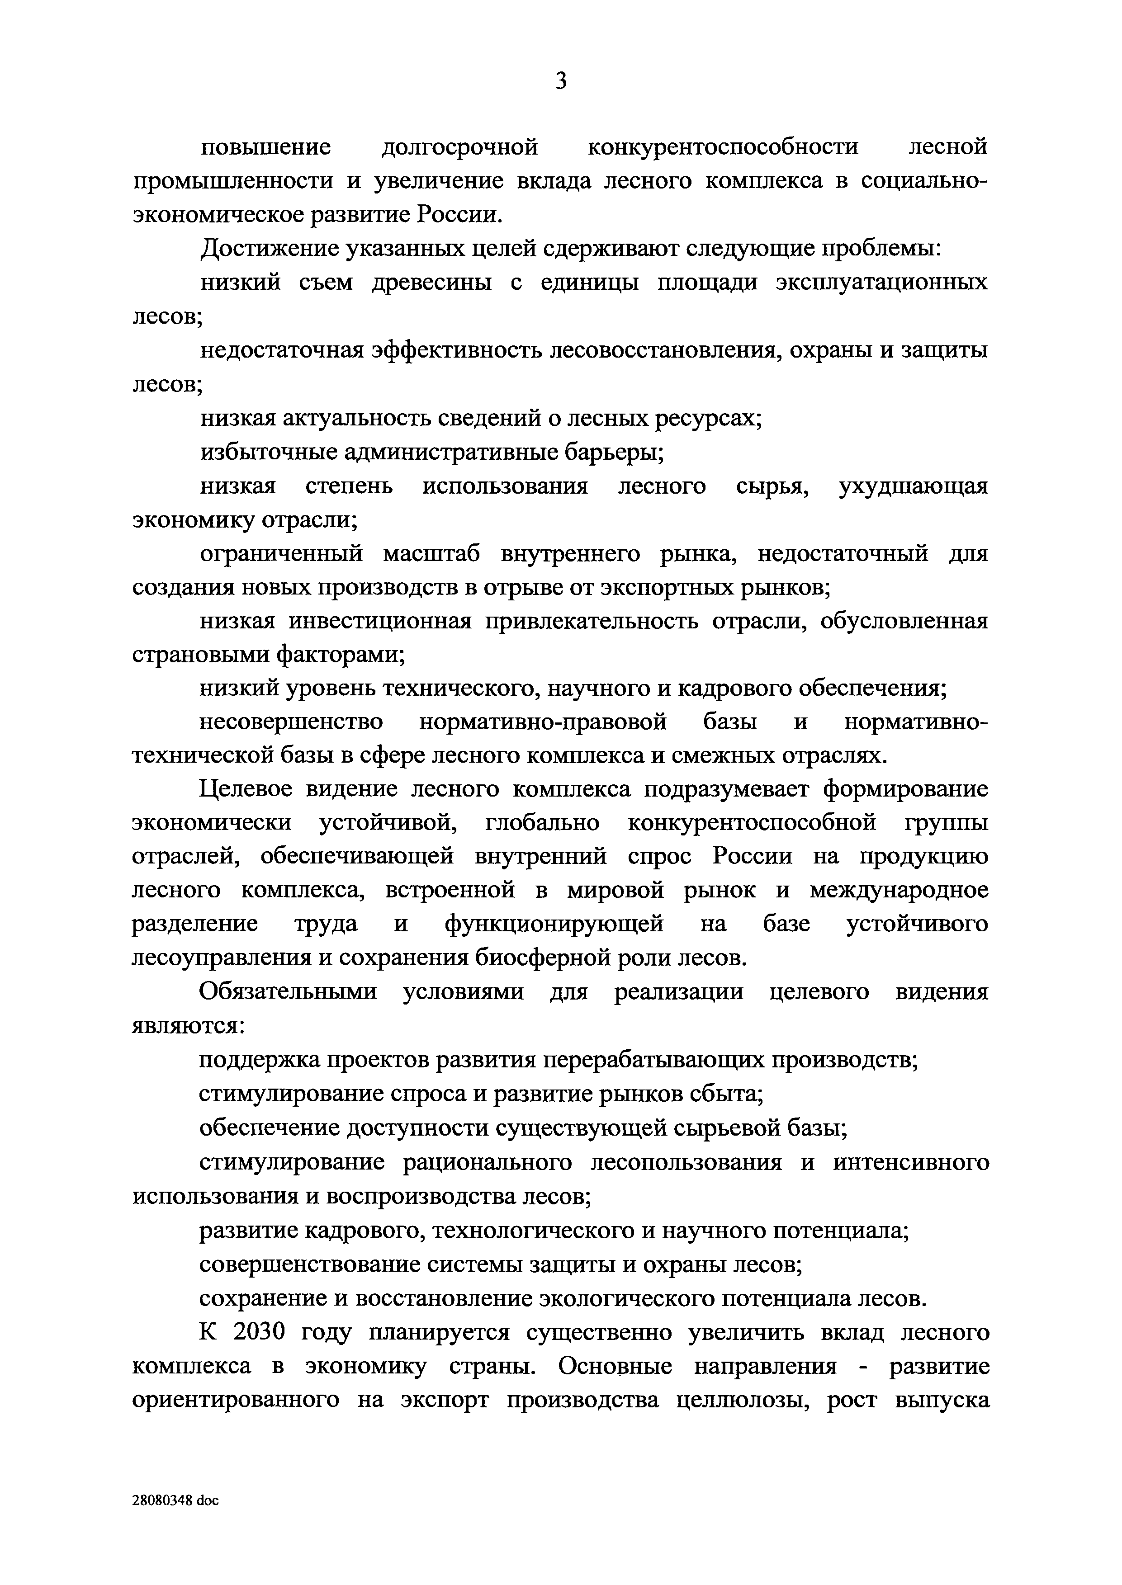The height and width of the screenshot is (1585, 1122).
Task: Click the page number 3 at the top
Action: point(560,81)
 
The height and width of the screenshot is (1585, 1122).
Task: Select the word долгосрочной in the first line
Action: point(459,147)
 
